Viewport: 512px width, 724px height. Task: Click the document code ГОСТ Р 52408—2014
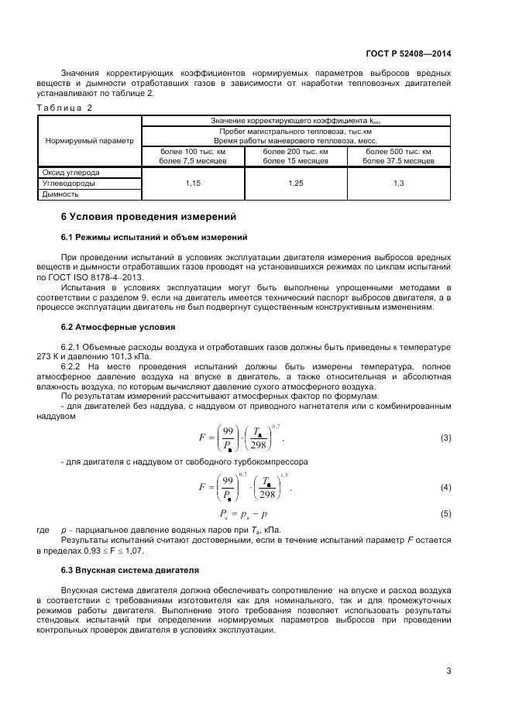click(409, 53)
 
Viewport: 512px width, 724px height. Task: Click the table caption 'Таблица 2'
click(64, 108)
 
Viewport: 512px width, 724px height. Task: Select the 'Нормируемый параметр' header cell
click(89, 141)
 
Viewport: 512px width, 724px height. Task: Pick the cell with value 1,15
click(193, 183)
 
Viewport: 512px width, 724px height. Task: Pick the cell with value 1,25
click(296, 183)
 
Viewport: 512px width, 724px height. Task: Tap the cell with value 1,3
click(399, 183)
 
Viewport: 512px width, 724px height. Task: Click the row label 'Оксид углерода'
click(70, 172)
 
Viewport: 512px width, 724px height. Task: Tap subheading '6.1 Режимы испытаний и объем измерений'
click(153, 236)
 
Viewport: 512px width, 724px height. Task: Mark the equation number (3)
click(445, 438)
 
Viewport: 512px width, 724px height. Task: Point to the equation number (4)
click(445, 487)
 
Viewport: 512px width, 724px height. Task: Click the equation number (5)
click(445, 513)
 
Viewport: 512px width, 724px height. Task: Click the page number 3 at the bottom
click(448, 671)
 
